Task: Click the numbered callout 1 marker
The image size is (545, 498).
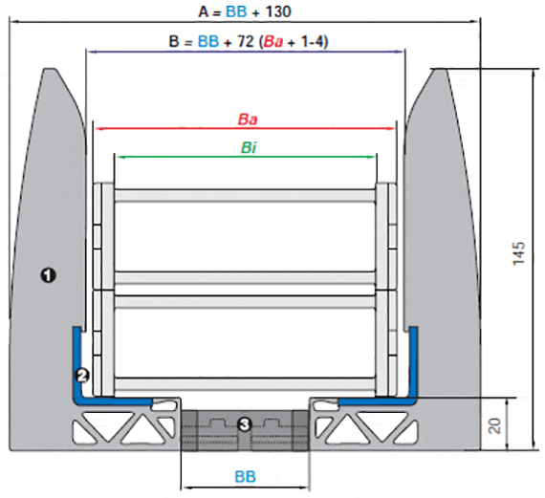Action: coord(48,275)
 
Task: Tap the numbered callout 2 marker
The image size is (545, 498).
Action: coord(82,376)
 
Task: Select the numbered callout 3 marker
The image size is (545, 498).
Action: coord(245,424)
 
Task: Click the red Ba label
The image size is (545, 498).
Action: coord(248,119)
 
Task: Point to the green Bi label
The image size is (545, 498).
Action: coord(249,148)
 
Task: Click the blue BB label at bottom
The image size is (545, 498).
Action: coord(245,476)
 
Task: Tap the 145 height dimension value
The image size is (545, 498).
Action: coord(518,253)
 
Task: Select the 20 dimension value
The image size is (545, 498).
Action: coord(494,426)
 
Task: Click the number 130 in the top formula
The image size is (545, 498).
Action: coord(278,11)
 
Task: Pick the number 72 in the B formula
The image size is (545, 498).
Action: coord(246,41)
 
